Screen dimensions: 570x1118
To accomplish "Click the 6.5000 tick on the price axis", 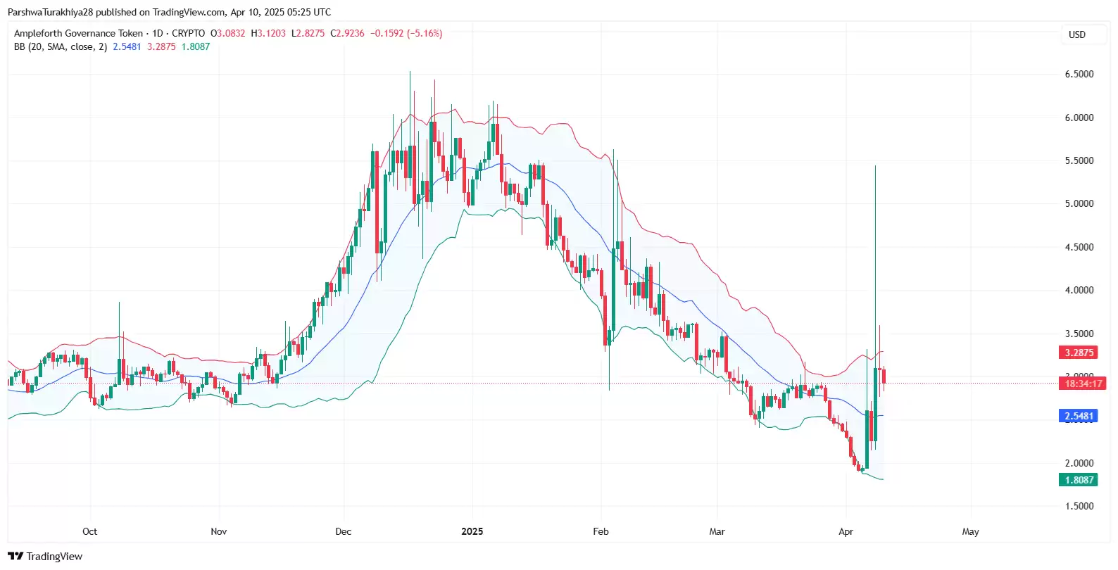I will click(x=1079, y=74).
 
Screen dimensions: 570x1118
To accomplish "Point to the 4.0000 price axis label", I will click(x=1079, y=290).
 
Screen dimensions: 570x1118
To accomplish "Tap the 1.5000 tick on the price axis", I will click(x=1079, y=506).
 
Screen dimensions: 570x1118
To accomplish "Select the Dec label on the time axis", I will click(x=343, y=531).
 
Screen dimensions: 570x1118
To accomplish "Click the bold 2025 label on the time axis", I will click(x=472, y=531).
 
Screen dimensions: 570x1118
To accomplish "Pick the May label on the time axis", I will click(x=970, y=531).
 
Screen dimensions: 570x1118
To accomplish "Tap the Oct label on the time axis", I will click(x=89, y=531).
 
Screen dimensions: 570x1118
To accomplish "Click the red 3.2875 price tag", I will click(x=1079, y=353).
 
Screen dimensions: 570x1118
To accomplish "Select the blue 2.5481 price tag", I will click(x=1079, y=416).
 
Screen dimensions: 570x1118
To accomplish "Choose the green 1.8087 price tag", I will click(x=1079, y=480).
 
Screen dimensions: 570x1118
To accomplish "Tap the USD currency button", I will click(x=1076, y=34).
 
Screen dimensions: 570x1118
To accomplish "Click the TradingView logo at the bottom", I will click(x=45, y=556).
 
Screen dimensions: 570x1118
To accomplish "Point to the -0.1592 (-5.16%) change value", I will click(x=406, y=33).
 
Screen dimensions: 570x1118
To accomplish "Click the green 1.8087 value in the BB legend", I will click(x=195, y=46).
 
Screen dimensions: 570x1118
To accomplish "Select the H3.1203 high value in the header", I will click(x=268, y=33).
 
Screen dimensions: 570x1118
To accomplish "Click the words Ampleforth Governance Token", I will click(x=78, y=33).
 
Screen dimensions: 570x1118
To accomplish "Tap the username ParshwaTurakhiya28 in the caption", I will click(x=50, y=12).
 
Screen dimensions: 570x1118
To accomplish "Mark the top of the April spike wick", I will click(x=875, y=166).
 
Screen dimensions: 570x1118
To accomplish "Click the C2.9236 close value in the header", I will click(x=347, y=33).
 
